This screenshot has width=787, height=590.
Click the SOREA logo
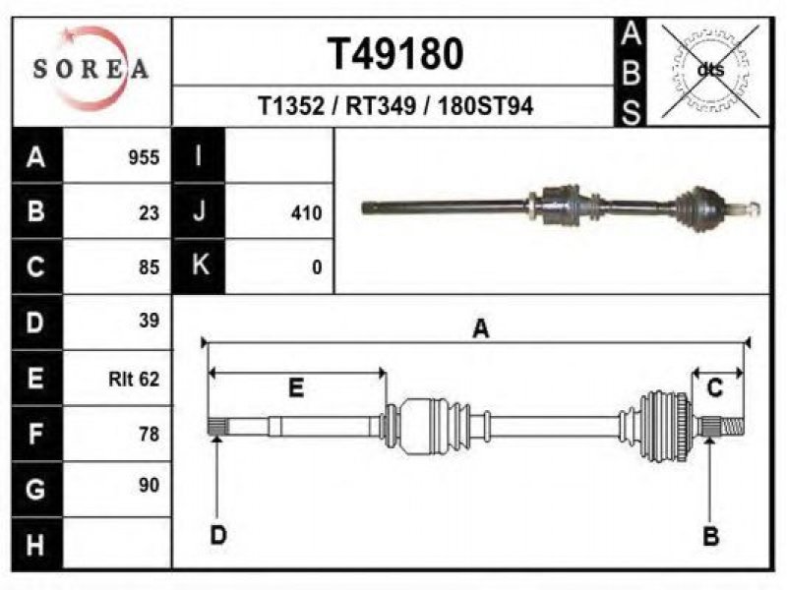[91, 69]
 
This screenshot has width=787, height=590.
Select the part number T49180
[395, 54]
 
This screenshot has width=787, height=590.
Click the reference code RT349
[381, 106]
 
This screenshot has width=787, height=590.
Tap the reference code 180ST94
[485, 106]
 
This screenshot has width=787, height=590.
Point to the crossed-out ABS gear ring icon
[710, 71]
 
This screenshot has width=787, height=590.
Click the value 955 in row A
[144, 157]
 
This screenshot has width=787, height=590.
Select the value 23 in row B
[150, 213]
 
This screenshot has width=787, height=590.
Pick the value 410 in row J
[306, 213]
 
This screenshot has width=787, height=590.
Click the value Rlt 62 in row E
[134, 379]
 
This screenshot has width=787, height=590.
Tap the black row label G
[36, 489]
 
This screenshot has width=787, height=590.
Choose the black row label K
[199, 265]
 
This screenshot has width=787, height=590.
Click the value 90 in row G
[150, 485]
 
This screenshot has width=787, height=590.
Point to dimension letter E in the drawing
[296, 387]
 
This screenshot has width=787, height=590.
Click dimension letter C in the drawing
[714, 387]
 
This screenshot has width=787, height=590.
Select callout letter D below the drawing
[218, 535]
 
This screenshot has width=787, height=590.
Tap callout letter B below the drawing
[710, 536]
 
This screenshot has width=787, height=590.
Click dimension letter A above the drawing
[481, 329]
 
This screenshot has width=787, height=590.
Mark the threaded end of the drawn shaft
[733, 427]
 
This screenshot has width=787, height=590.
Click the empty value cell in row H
[117, 544]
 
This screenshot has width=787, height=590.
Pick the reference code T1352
[291, 106]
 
